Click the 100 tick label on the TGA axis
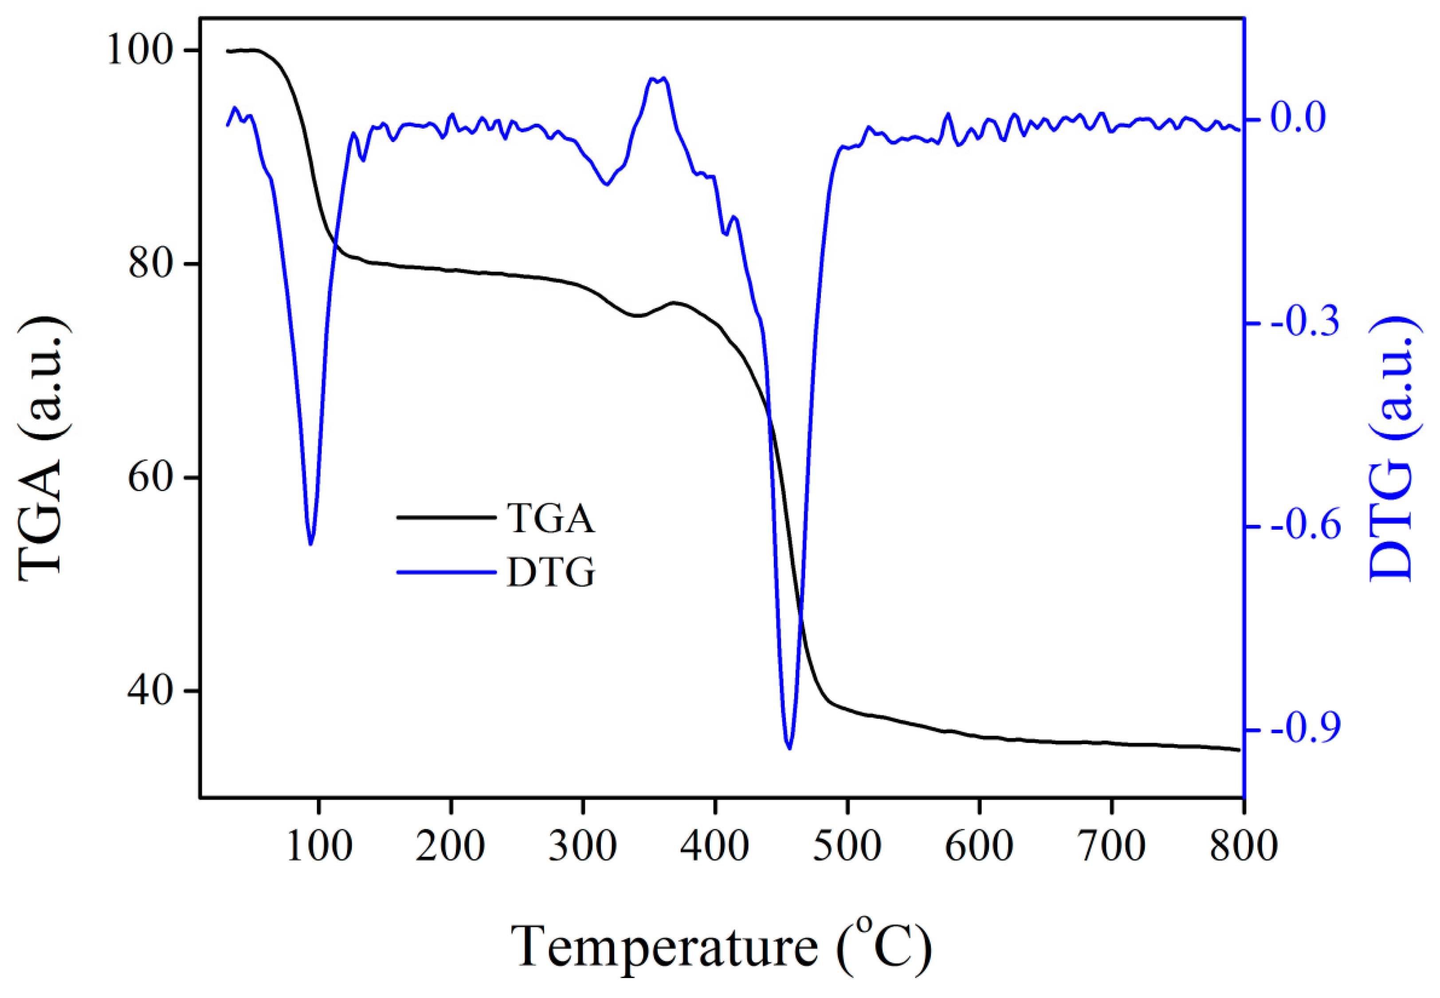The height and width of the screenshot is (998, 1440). point(140,50)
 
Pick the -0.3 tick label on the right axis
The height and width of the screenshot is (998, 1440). point(1305,323)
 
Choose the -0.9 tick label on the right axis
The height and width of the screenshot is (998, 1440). point(1305,730)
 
